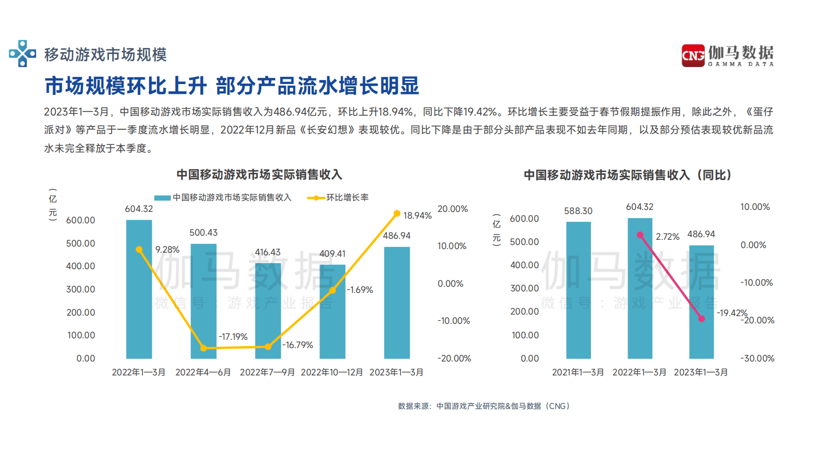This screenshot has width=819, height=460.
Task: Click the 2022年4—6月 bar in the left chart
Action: [x=203, y=302]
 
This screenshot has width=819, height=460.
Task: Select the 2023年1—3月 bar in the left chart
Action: [x=397, y=303]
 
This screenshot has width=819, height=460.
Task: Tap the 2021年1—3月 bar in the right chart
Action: [x=578, y=290]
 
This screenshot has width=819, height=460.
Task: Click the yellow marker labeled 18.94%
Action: [x=397, y=213]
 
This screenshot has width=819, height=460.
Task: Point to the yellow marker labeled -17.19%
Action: [x=203, y=349]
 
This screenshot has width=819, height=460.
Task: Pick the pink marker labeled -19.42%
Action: [x=701, y=319]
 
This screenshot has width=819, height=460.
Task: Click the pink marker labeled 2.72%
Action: [x=640, y=235]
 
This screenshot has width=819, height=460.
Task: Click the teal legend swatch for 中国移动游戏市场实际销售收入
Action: [x=162, y=198]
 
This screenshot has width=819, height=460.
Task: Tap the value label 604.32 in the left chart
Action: [x=139, y=209]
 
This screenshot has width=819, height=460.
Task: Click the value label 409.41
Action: [x=332, y=254]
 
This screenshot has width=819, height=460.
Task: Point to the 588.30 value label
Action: [x=578, y=211]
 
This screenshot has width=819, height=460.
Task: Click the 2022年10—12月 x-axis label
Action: [x=332, y=372]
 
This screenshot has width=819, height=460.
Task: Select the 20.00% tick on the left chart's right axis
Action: [x=453, y=209]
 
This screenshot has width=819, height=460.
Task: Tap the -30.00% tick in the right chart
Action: [x=757, y=358]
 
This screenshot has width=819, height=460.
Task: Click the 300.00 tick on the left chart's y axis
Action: [x=81, y=289]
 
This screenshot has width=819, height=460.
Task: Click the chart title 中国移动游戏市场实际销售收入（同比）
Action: [x=628, y=175]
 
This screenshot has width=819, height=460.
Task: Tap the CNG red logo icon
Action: [x=693, y=55]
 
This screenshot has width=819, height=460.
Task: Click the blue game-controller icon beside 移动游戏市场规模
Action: [x=22, y=54]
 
